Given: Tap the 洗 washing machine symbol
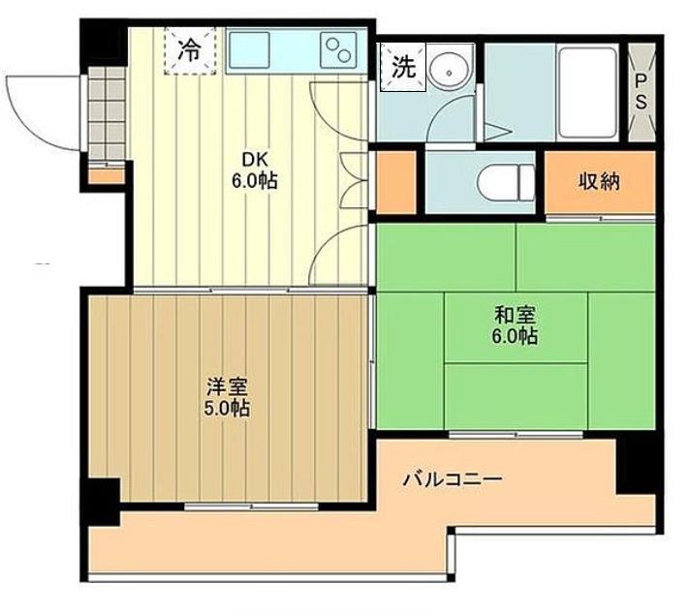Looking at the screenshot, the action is (403, 67).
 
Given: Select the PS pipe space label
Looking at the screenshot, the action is (642, 91).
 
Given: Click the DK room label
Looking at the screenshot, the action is (255, 160).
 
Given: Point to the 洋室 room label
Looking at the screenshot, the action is (227, 387).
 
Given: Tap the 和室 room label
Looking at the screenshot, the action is (515, 315).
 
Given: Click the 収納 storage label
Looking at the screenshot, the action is (599, 181).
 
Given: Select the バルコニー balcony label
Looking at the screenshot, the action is (454, 478).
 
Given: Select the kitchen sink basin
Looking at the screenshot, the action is (249, 49).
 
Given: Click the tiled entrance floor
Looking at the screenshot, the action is (107, 112).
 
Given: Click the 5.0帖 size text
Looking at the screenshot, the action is (227, 409).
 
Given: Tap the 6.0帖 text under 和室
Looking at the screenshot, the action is (515, 336).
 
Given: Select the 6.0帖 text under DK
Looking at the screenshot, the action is (255, 180).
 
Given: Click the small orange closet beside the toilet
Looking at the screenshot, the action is (396, 182).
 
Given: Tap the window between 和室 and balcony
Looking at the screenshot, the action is (516, 435).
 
